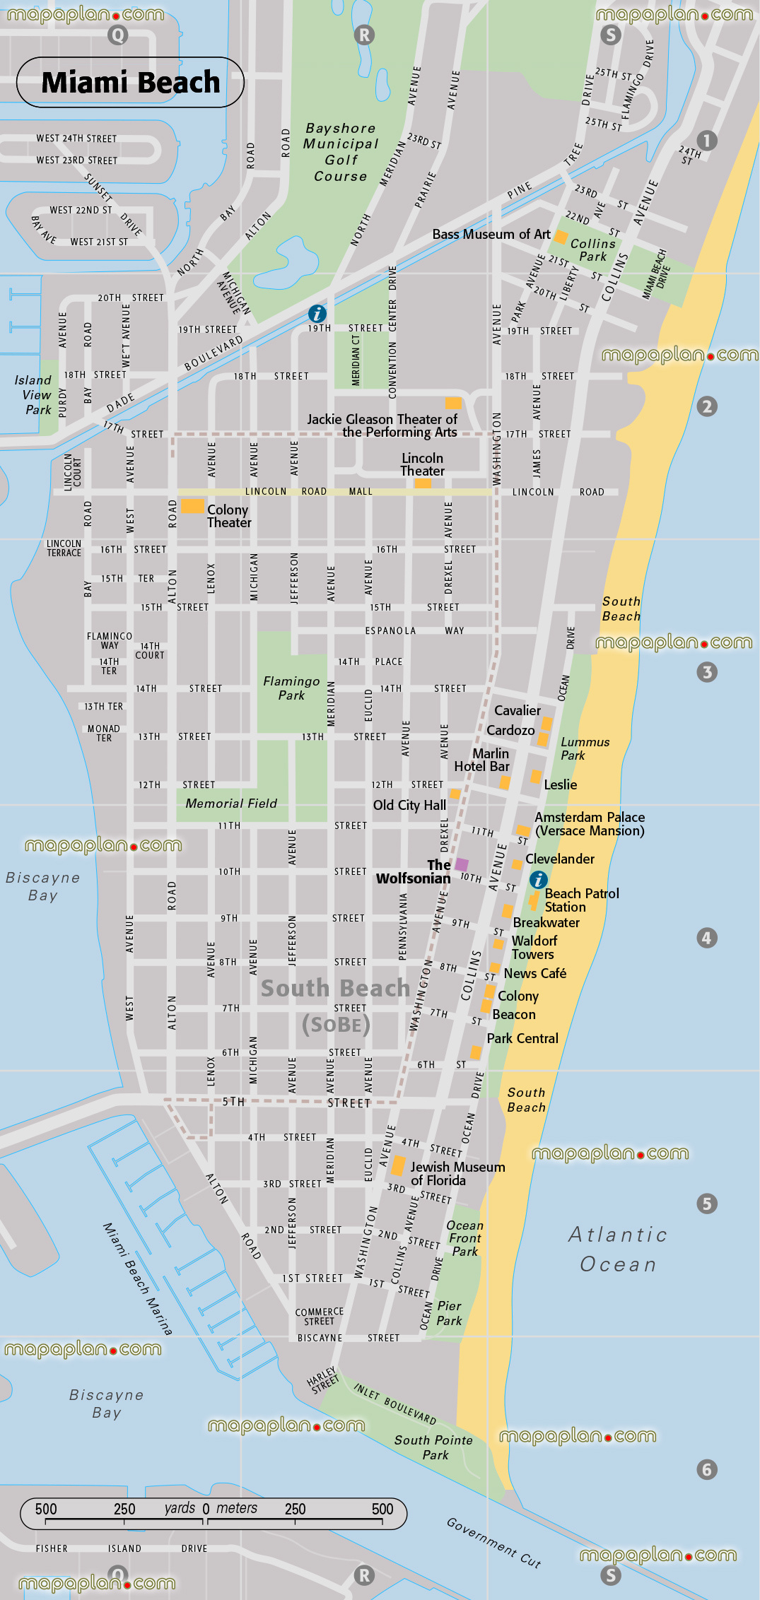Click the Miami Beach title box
pyautogui.click(x=130, y=83)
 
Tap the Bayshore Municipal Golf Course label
pyautogui.click(x=340, y=152)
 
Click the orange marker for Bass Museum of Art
pyautogui.click(x=561, y=236)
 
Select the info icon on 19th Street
pyautogui.click(x=317, y=314)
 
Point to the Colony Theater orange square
pyautogui.click(x=192, y=505)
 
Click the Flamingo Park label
pyautogui.click(x=291, y=688)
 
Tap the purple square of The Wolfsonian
pyautogui.click(x=462, y=864)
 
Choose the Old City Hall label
pyautogui.click(x=409, y=805)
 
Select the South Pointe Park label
pyautogui.click(x=433, y=1447)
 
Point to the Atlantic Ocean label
pyautogui.click(x=618, y=1249)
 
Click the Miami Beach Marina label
pyautogui.click(x=137, y=1279)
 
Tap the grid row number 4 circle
pyautogui.click(x=706, y=938)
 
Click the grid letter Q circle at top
pyautogui.click(x=118, y=35)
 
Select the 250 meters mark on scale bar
pyautogui.click(x=295, y=1510)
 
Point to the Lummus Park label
pyautogui.click(x=584, y=748)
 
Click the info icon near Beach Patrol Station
pyautogui.click(x=538, y=879)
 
